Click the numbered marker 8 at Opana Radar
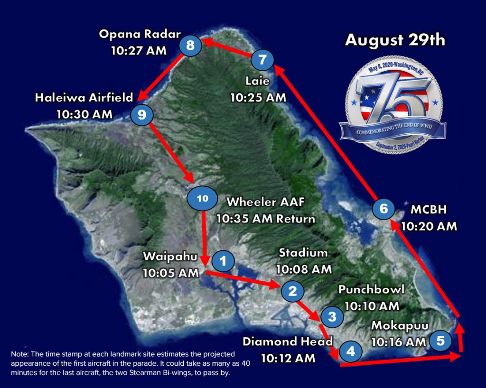coord(190,46)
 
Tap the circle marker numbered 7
coord(262,60)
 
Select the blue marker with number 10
coord(202,199)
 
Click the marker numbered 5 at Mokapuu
coord(440,340)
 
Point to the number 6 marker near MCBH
coord(383,208)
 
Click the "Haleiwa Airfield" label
coord(84,98)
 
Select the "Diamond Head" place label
coord(288,342)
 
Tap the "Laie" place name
coord(258,81)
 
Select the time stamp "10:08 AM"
coord(303,269)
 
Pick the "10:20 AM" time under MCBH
coord(429,226)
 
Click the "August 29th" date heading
coord(395,40)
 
